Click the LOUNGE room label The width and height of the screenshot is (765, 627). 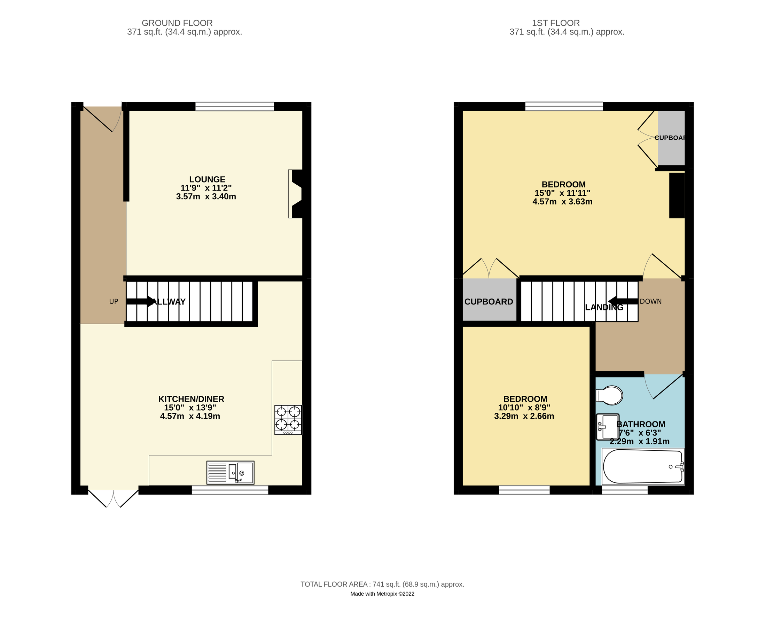pyautogui.click(x=207, y=179)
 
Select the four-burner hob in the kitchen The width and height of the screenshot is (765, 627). pyautogui.click(x=288, y=420)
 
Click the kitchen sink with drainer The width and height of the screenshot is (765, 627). pyautogui.click(x=230, y=472)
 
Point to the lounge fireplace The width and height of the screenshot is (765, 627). pyautogui.click(x=295, y=194)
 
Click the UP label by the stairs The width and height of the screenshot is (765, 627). pyautogui.click(x=114, y=302)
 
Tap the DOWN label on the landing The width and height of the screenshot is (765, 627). pyautogui.click(x=650, y=302)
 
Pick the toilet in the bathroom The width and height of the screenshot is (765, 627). pyautogui.click(x=610, y=395)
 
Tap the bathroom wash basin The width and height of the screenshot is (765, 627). pyautogui.click(x=607, y=427)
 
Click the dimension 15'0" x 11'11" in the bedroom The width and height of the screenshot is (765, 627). pyautogui.click(x=562, y=193)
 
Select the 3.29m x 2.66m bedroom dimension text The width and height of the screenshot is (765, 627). pyautogui.click(x=524, y=416)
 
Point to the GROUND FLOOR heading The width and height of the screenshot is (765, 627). pyautogui.click(x=177, y=23)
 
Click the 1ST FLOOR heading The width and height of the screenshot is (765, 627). pyautogui.click(x=556, y=23)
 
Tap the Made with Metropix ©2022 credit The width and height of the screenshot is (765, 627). pyautogui.click(x=382, y=594)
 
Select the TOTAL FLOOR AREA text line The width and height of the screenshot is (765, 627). pyautogui.click(x=382, y=584)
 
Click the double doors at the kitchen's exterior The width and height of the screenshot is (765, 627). pyautogui.click(x=114, y=498)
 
